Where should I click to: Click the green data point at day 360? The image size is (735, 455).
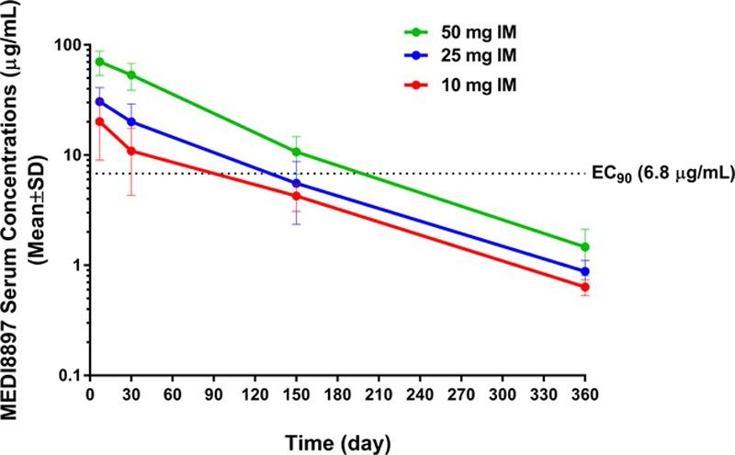click(x=585, y=247)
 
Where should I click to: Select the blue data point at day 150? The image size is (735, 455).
click(x=296, y=184)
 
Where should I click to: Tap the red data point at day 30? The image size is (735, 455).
click(x=131, y=151)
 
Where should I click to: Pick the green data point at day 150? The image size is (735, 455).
click(x=296, y=152)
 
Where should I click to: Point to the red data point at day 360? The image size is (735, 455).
click(x=585, y=287)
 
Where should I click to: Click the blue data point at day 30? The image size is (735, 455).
click(x=131, y=121)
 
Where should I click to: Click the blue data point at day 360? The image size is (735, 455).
click(x=585, y=272)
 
